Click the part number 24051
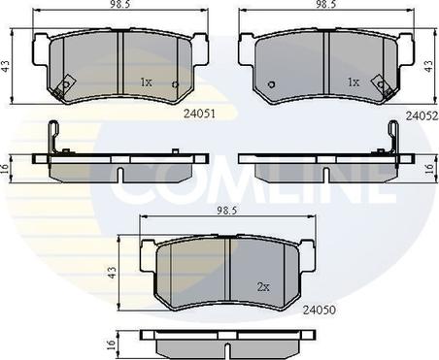point(199,114)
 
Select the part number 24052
point(422,115)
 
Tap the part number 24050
point(320,310)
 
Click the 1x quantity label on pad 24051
point(146,82)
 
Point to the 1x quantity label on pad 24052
point(354,82)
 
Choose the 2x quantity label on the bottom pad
point(263,286)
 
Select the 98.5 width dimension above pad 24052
point(326,4)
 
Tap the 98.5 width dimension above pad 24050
point(227,211)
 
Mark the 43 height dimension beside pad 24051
point(7,66)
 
